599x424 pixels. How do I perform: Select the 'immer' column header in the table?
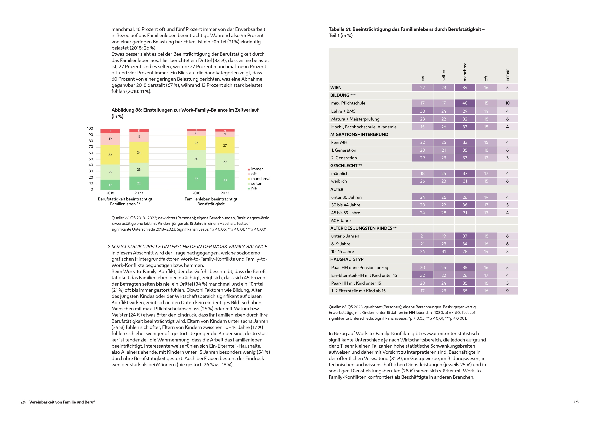pyautogui.click(x=507, y=75)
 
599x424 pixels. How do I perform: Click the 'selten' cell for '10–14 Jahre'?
pyautogui.click(x=443, y=252)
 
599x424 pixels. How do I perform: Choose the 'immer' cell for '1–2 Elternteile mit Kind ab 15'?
pyautogui.click(x=507, y=291)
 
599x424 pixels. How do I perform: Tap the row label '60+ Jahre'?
pyautogui.click(x=341, y=221)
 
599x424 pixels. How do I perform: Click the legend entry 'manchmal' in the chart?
pyautogui.click(x=260, y=179)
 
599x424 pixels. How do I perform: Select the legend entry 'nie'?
pyautogui.click(x=254, y=188)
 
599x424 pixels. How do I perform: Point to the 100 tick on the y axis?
pyautogui.click(x=90, y=129)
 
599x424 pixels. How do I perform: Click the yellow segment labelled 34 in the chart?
pyautogui.click(x=139, y=152)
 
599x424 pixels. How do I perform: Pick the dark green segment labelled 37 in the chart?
pyautogui.click(x=196, y=179)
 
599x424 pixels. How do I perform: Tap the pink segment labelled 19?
pyautogui.click(x=110, y=139)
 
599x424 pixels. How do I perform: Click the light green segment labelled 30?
pyautogui.click(x=196, y=159)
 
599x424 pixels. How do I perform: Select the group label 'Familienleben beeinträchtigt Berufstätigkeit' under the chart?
pyautogui.click(x=211, y=201)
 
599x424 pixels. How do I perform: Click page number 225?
pyautogui.click(x=576, y=402)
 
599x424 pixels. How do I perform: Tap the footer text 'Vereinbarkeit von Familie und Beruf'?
pyautogui.click(x=62, y=402)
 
